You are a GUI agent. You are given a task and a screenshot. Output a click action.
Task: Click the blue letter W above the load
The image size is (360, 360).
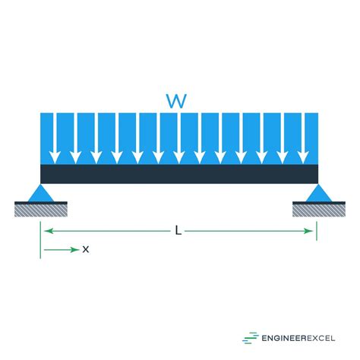(x=176, y=101)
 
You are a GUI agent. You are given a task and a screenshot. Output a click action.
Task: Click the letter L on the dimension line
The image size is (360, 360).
(x=178, y=231)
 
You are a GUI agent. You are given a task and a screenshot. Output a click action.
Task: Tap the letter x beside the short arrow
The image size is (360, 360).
(x=86, y=250)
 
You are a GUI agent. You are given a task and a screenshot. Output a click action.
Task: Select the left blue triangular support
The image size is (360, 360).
(x=41, y=193)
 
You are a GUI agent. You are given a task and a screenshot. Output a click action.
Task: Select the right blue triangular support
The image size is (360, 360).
(x=319, y=193)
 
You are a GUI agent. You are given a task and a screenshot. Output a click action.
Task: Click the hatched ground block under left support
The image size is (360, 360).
(x=41, y=209)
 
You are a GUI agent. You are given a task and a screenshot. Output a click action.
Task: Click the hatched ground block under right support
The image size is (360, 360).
(x=319, y=209)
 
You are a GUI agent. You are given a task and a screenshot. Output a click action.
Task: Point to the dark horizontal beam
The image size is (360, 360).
(x=179, y=174)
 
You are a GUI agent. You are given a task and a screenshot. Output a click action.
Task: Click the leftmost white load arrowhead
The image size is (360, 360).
(x=55, y=157)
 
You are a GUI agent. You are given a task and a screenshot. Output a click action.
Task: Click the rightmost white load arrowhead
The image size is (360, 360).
(x=303, y=157)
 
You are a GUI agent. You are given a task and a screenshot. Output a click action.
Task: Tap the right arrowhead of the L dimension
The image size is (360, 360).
(x=308, y=231)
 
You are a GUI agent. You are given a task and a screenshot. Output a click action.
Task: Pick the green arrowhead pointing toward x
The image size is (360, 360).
(x=75, y=250)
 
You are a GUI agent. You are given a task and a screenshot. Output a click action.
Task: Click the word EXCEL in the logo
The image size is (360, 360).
(x=321, y=338)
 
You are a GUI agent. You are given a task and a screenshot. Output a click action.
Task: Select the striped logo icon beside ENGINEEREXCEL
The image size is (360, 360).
(x=251, y=338)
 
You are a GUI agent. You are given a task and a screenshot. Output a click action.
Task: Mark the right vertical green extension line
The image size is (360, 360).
(x=317, y=231)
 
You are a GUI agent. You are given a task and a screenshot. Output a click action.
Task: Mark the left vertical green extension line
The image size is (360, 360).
(x=40, y=240)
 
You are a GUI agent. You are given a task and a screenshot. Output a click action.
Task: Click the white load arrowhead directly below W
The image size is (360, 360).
(x=179, y=157)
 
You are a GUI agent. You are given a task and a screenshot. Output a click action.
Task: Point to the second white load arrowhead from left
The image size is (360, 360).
(x=75, y=157)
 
